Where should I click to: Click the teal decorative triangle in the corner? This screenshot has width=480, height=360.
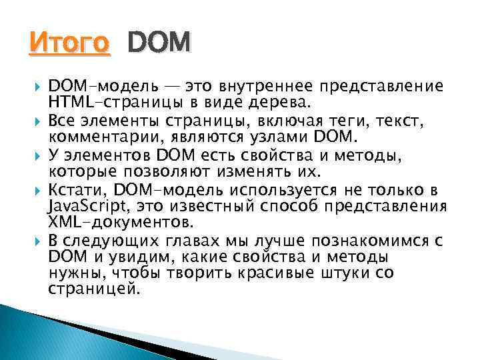(40, 333)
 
